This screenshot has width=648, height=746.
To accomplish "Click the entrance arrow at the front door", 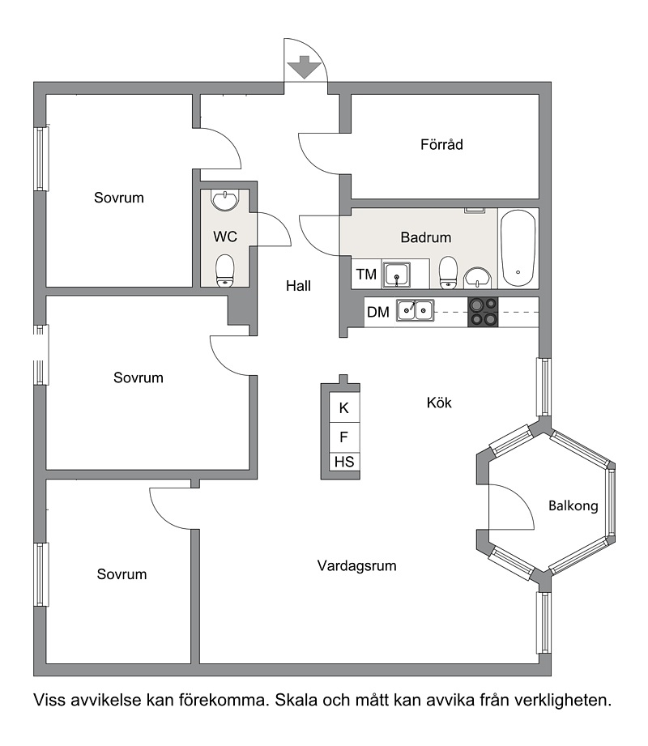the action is pos(305,67).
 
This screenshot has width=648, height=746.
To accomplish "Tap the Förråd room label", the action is pos(441,144).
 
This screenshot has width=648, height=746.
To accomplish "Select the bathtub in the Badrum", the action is pos(518,248).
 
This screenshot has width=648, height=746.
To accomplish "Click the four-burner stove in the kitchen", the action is pos(483,312).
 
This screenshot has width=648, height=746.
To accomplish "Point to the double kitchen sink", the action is pos(416,311).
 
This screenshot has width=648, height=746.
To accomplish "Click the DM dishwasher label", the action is pos(378,312).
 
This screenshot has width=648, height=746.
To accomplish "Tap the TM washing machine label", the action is pos(366,274).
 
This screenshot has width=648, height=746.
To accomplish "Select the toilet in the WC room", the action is pos(225,271).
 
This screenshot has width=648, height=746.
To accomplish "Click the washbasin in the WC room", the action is pos(225,201).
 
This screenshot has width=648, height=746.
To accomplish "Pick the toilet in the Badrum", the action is pos(448,273).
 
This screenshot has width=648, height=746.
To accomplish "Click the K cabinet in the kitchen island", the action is pos(344,407).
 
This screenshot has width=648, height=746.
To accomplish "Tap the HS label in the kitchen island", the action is pos(344,462).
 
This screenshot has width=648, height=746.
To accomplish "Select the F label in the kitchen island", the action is pos(343,437).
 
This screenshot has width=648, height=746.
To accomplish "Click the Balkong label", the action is pos(573,505).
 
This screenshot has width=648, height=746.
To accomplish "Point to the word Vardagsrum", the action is pos(357,565).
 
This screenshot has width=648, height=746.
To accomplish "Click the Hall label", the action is pos(298,285).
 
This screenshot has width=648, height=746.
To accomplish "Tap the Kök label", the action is pos(439,403).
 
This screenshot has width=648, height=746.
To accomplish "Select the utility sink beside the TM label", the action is pos(397,275).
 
